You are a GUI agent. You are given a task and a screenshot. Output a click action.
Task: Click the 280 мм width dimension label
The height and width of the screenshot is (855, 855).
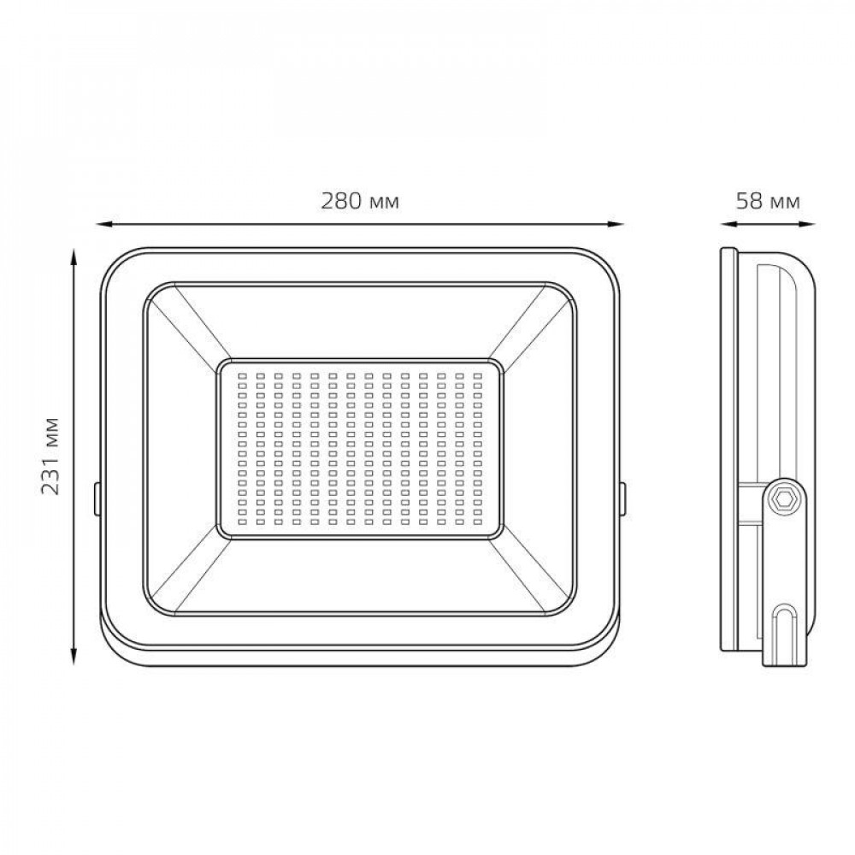(x=360, y=201)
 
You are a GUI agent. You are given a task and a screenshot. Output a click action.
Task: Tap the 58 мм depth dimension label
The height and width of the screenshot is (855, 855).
(x=769, y=201)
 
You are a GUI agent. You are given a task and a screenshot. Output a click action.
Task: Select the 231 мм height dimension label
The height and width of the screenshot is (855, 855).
(x=50, y=457)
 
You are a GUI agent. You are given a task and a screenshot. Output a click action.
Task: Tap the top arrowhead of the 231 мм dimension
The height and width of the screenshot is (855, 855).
(x=74, y=257)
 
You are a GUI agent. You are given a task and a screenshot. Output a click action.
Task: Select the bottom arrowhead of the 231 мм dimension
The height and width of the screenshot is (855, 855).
(x=74, y=657)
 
